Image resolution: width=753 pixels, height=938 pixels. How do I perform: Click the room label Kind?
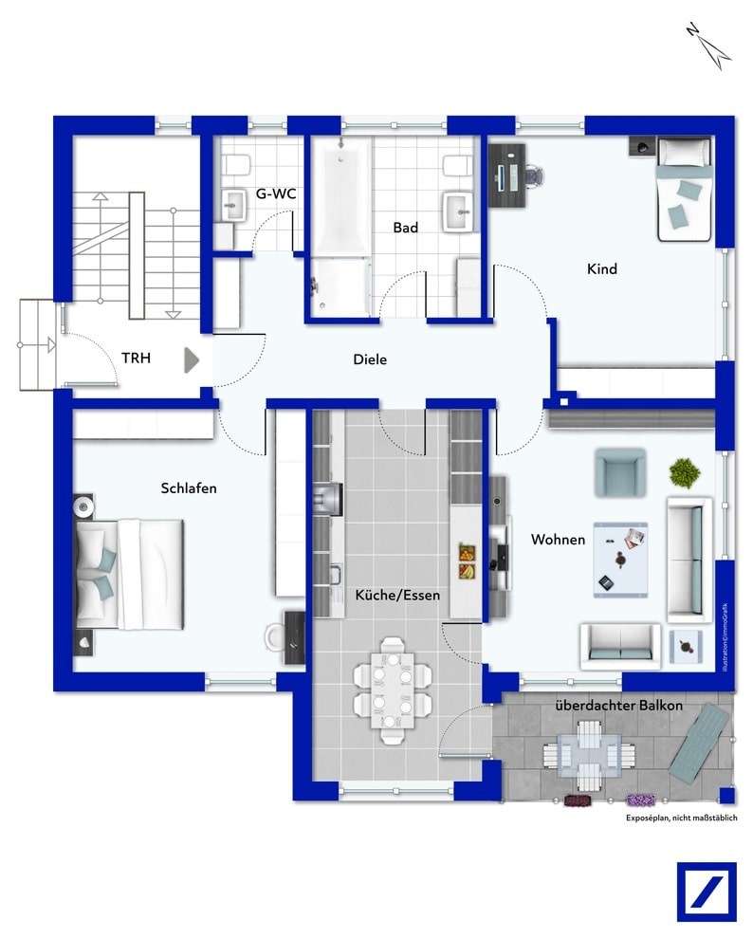(602, 269)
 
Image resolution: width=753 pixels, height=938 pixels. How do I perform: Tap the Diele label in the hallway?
(370, 360)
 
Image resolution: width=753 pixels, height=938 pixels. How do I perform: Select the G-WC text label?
(276, 194)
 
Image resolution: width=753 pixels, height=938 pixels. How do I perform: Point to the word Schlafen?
(189, 488)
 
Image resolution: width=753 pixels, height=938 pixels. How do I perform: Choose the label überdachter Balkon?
(618, 707)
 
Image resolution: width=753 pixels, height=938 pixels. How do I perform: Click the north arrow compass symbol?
(707, 44)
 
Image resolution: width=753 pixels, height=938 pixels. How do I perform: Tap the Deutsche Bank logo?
(707, 892)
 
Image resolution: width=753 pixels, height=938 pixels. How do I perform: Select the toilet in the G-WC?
(237, 165)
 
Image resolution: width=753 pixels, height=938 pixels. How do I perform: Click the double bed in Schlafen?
(127, 574)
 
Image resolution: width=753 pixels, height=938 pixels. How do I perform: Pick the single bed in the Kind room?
(684, 188)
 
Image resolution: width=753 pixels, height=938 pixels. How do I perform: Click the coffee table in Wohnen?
(621, 559)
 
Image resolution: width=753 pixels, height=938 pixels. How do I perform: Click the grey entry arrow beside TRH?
(192, 360)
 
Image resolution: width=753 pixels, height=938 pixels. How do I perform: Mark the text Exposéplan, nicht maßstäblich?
(680, 818)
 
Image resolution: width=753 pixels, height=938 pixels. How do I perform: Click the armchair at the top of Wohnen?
(619, 472)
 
